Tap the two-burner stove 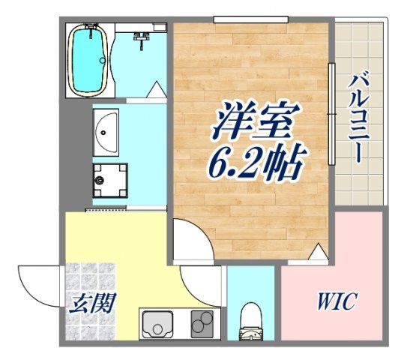(202, 324)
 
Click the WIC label (332, 304)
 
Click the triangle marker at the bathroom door (156, 91)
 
